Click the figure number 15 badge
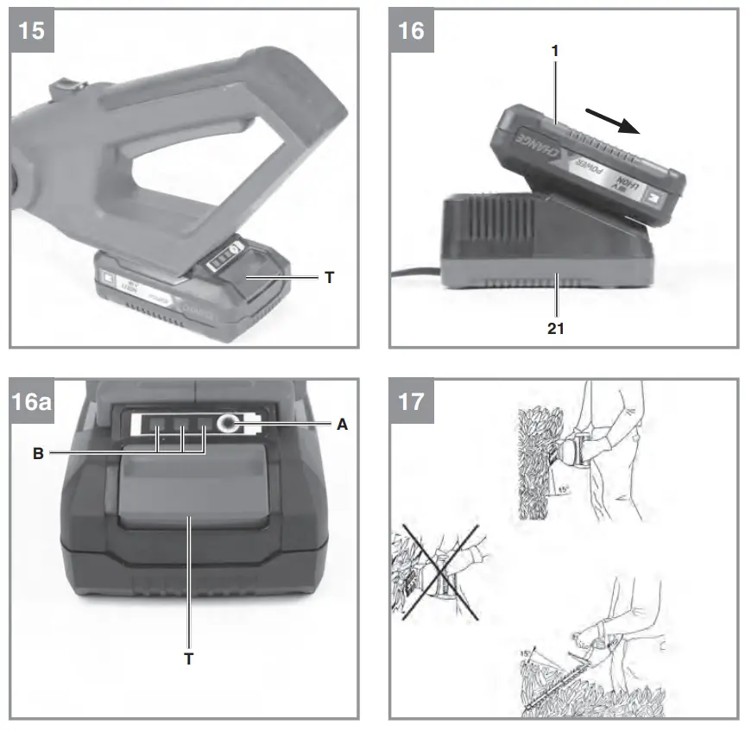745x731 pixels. pos(32,32)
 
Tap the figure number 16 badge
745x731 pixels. pos(411,32)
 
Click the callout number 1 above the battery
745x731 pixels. pos(555,51)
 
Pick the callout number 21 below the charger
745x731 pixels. pos(557,329)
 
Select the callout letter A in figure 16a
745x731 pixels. pos(344,424)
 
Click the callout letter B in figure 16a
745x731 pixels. pos(38,451)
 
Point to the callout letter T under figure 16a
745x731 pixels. pos(189,659)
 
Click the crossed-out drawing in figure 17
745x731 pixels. pos(439,571)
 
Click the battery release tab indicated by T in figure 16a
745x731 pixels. pos(188,492)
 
